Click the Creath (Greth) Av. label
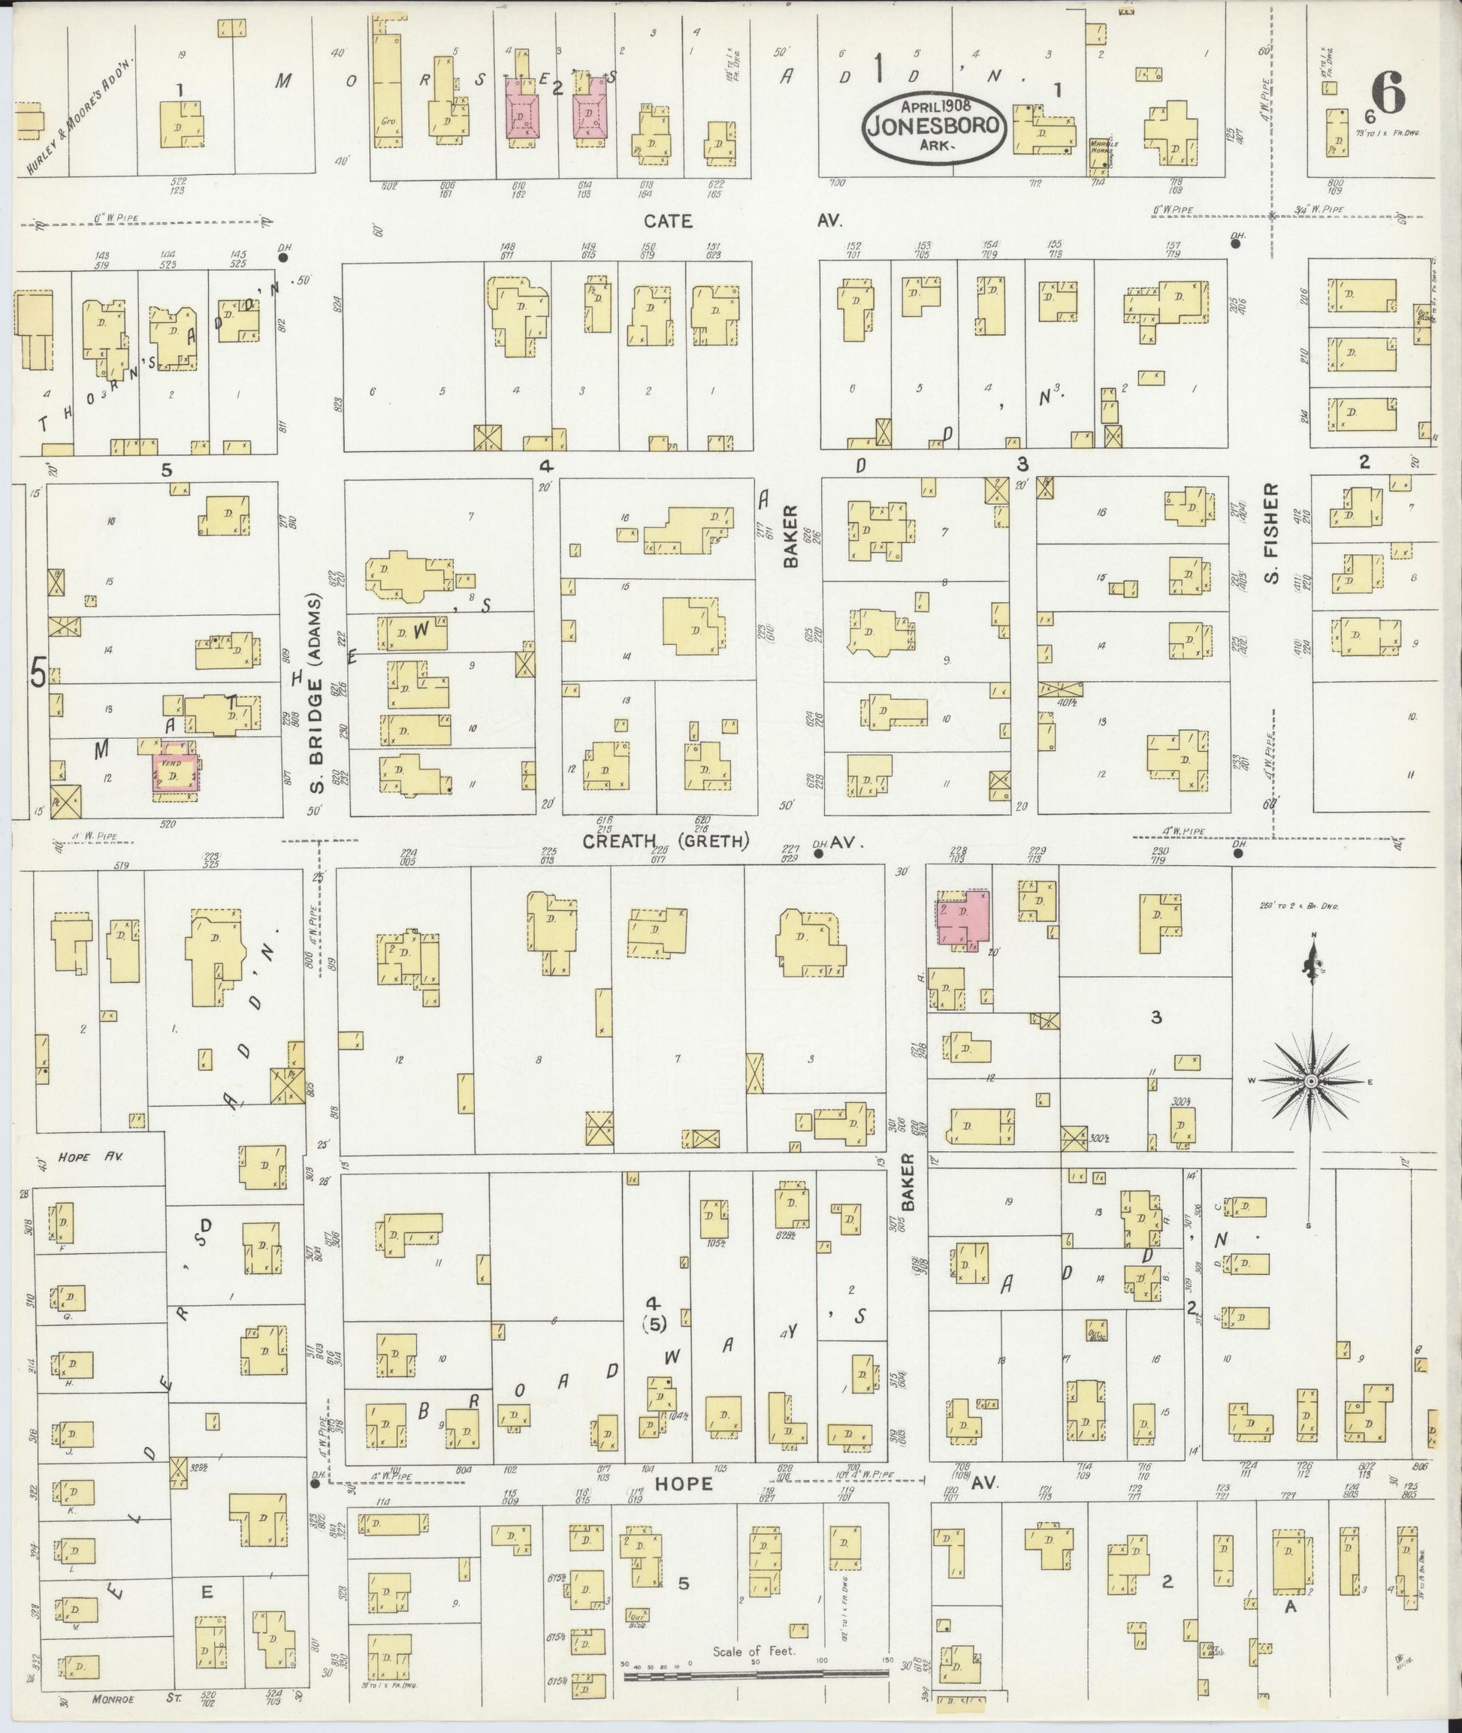click(723, 842)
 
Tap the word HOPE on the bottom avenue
click(683, 1484)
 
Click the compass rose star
click(1311, 1082)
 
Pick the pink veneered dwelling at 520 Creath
click(175, 776)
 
